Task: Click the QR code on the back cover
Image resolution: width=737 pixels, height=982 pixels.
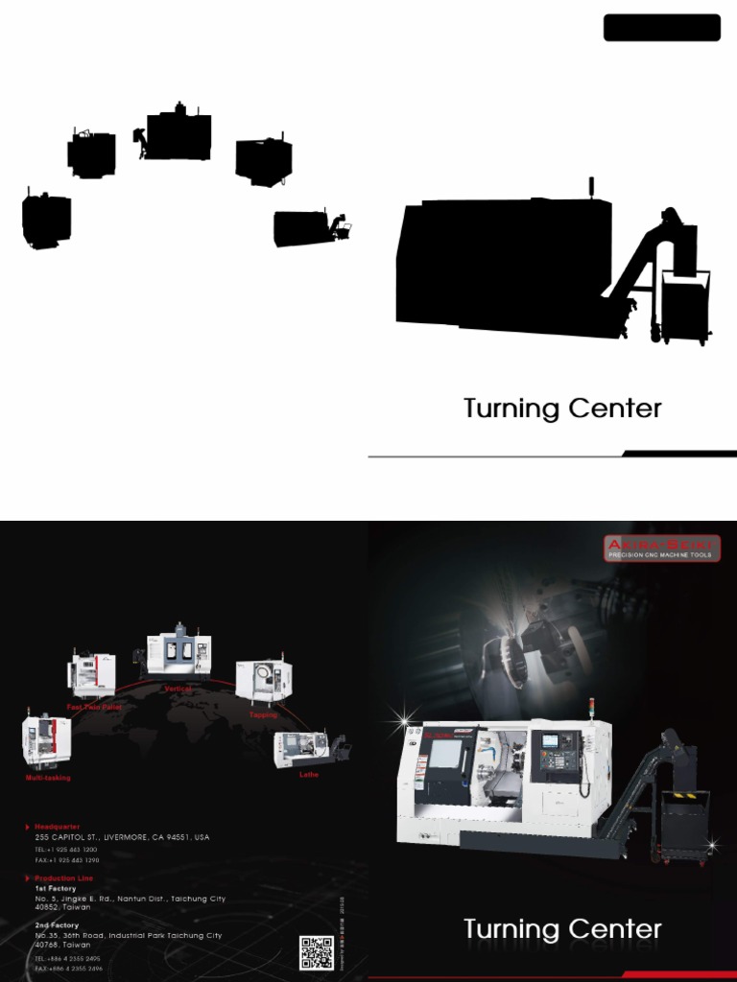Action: coord(317,952)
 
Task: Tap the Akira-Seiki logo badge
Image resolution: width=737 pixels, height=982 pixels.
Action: coord(661,549)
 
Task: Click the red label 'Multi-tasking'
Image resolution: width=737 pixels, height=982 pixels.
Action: coord(48,778)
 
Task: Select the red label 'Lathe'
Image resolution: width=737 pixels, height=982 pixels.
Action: coord(309,775)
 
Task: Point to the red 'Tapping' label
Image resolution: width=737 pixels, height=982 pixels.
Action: coord(263,714)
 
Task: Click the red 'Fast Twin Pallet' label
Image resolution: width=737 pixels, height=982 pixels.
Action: coord(94,707)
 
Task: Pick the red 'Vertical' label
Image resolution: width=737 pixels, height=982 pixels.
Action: coord(178,689)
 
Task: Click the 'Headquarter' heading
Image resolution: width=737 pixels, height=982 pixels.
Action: coord(57,826)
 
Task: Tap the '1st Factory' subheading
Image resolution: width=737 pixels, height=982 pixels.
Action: coord(56,889)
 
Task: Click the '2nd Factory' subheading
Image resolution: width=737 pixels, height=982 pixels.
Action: coord(57,925)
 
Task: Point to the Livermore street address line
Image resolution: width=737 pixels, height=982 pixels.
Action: coord(122,837)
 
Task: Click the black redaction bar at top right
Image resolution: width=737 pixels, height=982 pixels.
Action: coord(661,28)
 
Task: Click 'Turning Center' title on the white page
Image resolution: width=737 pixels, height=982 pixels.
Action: coord(562,409)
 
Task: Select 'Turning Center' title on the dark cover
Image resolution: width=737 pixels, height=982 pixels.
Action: coord(562,929)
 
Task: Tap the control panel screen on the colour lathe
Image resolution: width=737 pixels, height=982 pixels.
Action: coord(554,741)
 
